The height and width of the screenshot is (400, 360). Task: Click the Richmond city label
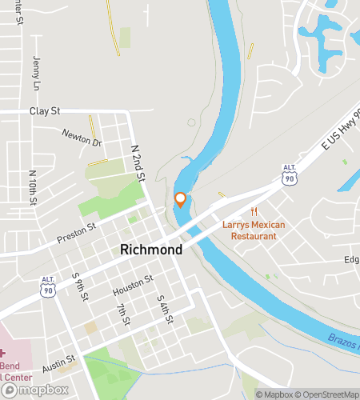[x=151, y=250]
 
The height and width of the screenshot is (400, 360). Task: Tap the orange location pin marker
[x=180, y=199]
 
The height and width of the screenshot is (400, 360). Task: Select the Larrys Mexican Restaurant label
[x=254, y=230]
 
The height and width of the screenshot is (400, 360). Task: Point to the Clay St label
[x=45, y=111]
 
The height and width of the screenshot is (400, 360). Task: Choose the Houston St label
[x=132, y=286]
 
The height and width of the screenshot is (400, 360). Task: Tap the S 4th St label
[x=165, y=308]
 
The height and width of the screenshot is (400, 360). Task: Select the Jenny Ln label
[x=36, y=72]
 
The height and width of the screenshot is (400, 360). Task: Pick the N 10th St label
[x=33, y=186]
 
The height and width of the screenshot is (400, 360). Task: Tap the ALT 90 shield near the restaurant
[x=290, y=176]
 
